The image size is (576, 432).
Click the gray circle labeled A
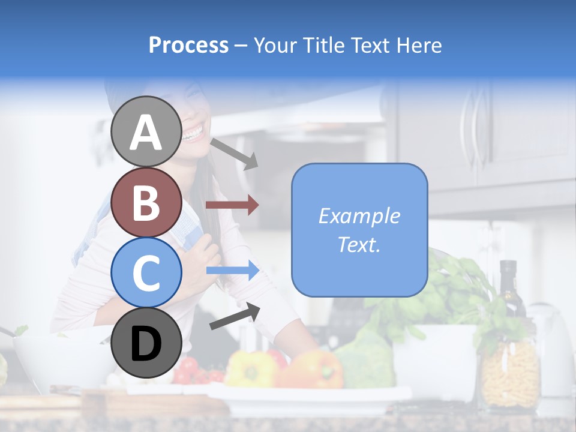point(146,131)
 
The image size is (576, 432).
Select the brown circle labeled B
point(146,202)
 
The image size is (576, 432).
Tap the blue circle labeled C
point(146,272)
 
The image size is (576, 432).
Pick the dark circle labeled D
point(146,343)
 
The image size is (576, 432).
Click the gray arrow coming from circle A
point(235,154)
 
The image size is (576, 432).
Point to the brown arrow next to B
point(232,205)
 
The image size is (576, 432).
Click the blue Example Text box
point(359,230)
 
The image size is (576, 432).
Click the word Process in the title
point(188,45)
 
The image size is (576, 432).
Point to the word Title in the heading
point(322,45)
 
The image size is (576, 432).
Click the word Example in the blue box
point(359,216)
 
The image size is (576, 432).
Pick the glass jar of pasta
point(510,372)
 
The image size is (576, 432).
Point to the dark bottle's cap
point(508,266)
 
